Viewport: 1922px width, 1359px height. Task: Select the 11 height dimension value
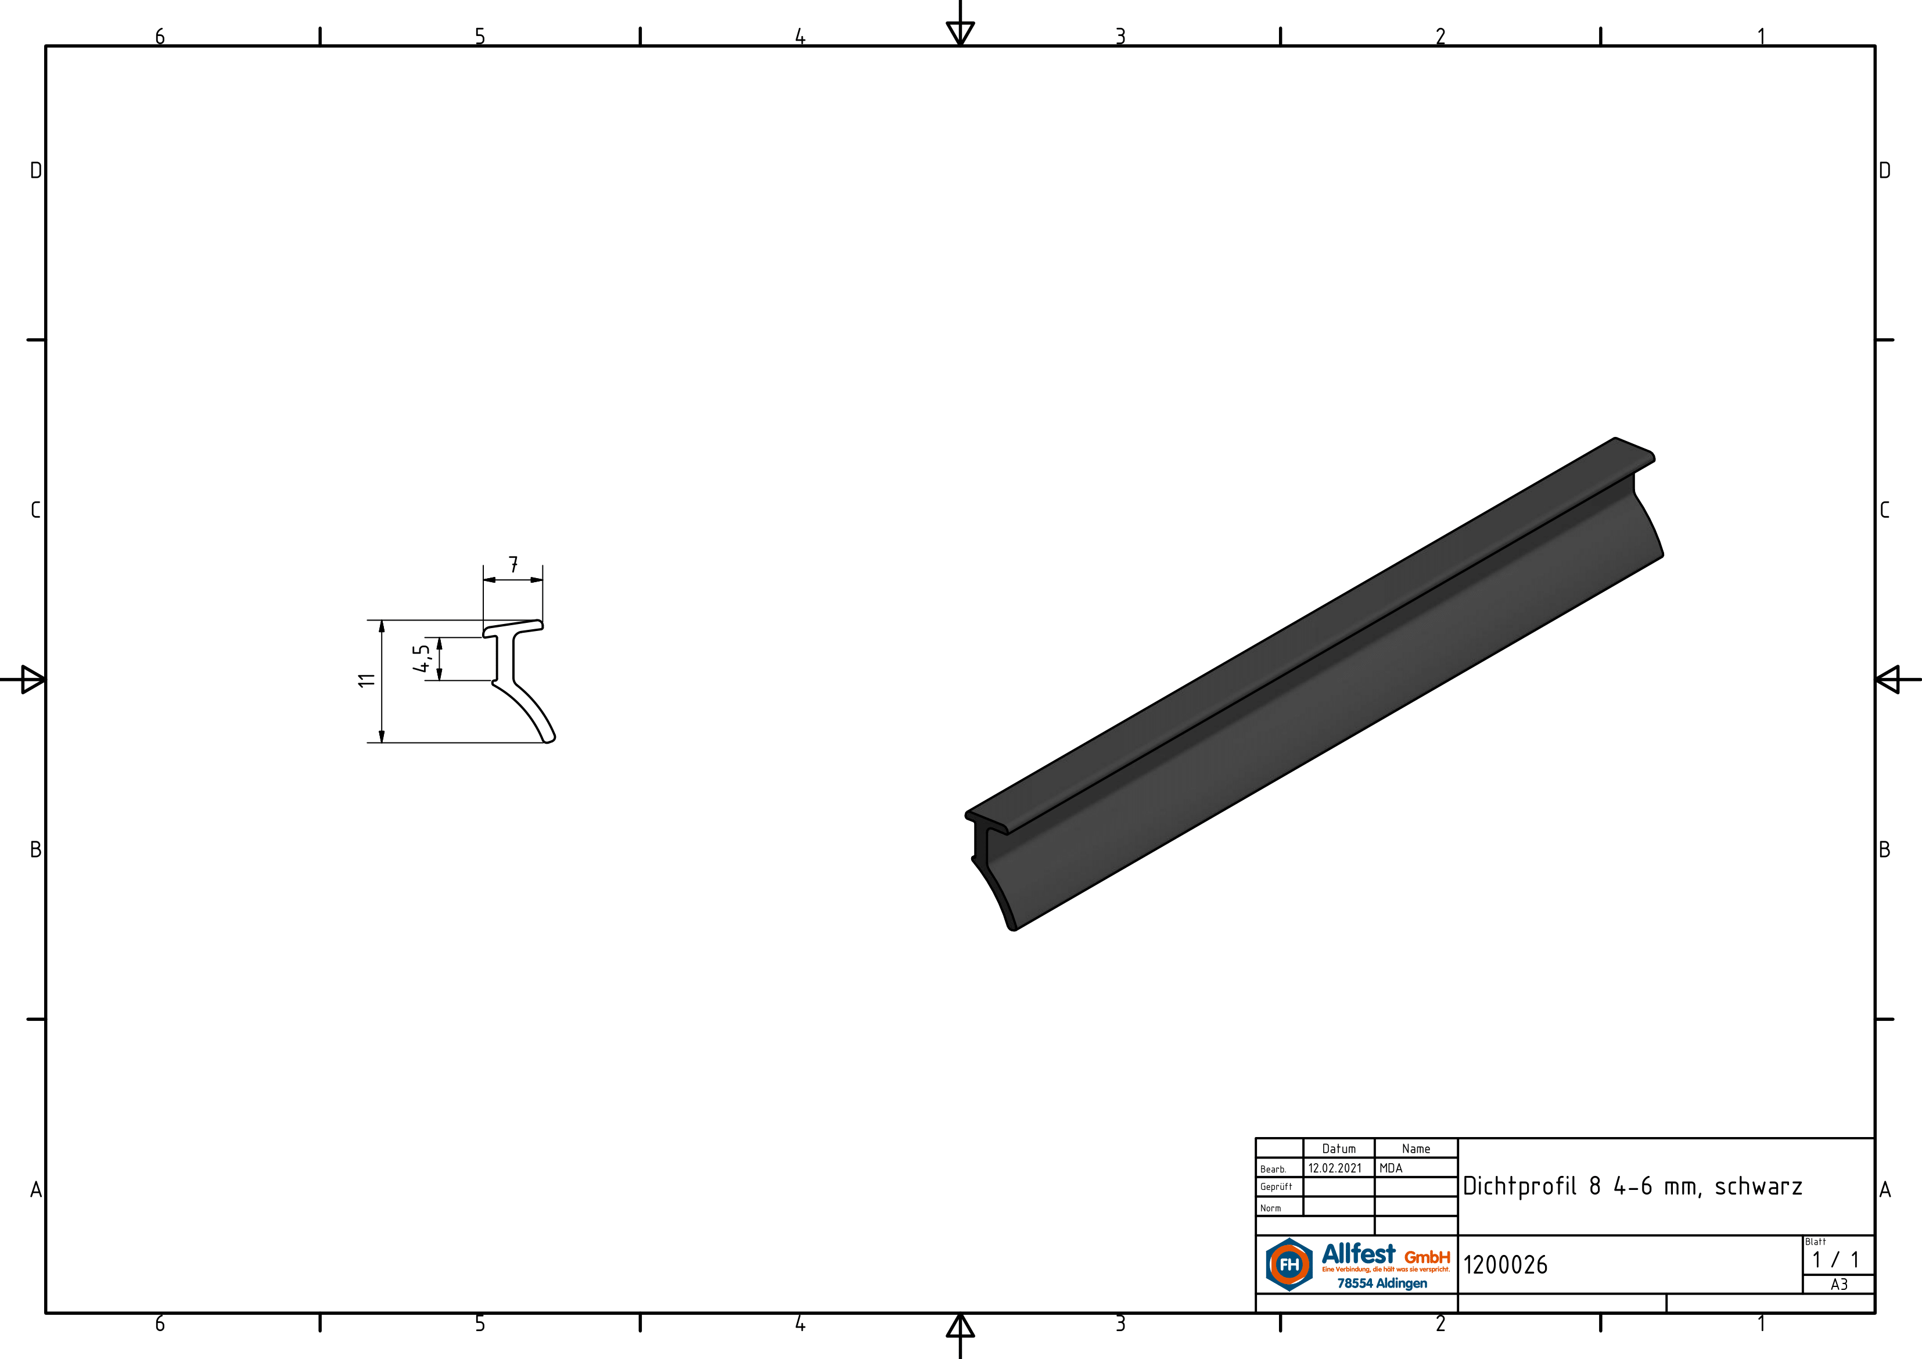367,680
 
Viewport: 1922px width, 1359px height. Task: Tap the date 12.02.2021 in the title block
1335,1168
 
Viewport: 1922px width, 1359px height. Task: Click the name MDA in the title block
1391,1168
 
